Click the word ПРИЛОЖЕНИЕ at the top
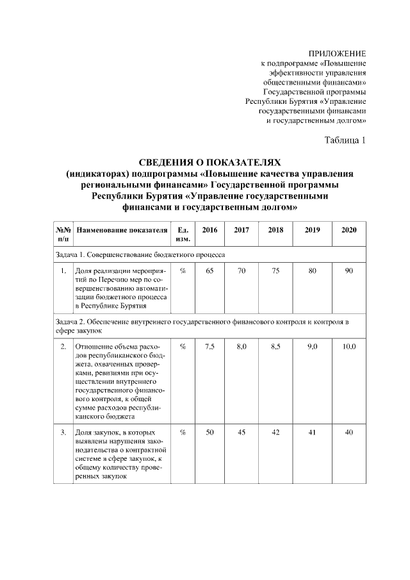click(337, 53)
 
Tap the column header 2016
click(209, 229)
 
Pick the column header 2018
click(275, 229)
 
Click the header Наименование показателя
click(122, 229)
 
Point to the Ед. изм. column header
click(183, 234)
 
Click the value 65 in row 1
click(209, 272)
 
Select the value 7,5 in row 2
click(209, 347)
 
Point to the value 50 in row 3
click(209, 433)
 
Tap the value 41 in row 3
click(312, 433)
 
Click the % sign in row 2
click(183, 347)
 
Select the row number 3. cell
click(63, 433)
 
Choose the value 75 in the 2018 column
click(275, 272)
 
